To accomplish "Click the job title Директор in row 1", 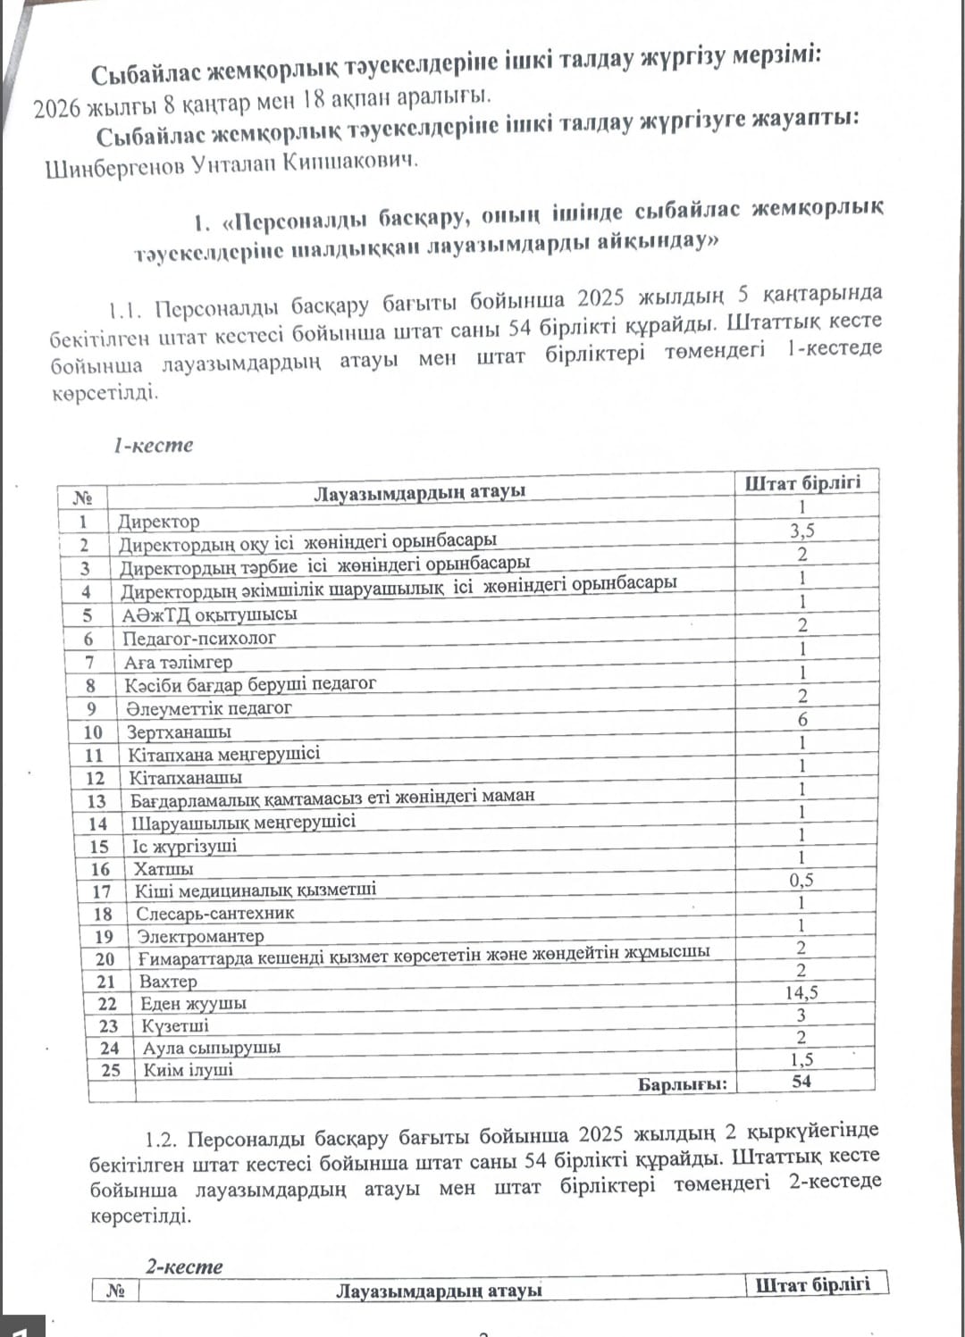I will coord(159,522).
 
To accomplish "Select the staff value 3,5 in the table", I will coord(801,531).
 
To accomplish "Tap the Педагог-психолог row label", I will coord(198,639).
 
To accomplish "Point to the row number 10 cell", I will coord(93,732).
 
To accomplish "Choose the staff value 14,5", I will coord(801,992).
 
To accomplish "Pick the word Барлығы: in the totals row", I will coord(682,1084).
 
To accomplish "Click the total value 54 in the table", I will coord(801,1082).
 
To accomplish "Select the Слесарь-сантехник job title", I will coord(214,914).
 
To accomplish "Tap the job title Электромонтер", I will coord(200,936).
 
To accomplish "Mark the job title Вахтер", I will coord(168,981).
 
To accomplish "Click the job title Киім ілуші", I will coord(188,1070).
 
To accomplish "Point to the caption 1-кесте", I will coord(153,445).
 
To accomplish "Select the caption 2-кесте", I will coord(184,1266).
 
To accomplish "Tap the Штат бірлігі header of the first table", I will coord(802,483).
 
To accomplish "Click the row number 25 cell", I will coord(111,1070).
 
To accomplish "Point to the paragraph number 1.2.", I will coord(162,1141).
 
